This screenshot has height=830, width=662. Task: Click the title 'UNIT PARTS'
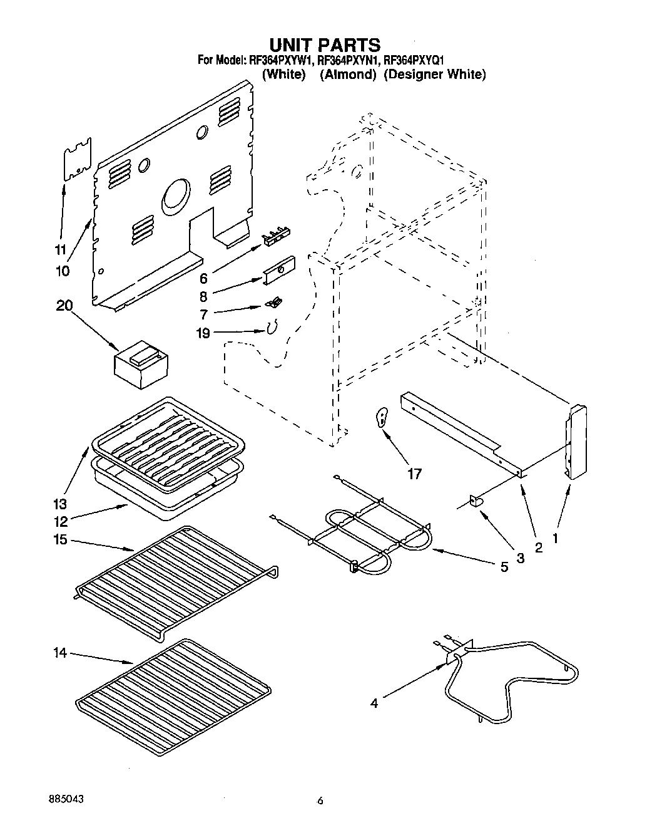tap(324, 45)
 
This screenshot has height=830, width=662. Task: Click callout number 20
tap(64, 306)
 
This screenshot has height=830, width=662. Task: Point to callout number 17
tap(414, 474)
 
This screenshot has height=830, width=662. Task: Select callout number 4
tap(374, 703)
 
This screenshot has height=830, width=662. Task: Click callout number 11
tap(60, 249)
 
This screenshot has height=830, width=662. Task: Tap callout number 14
tap(59, 653)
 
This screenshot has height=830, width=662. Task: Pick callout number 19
tap(203, 333)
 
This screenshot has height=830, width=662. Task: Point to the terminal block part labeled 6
tap(276, 234)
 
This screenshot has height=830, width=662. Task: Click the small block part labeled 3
tap(476, 501)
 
